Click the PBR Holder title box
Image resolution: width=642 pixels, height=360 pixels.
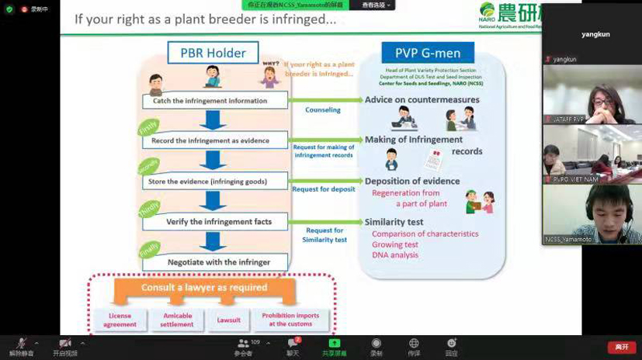[x=213, y=53]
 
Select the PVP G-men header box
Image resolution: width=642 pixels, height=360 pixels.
[x=427, y=53]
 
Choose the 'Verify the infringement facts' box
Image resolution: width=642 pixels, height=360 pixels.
[x=218, y=222]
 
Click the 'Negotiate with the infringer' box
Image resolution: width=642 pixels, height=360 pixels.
[x=215, y=262]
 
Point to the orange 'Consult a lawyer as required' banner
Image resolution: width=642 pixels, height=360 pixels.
[x=204, y=288]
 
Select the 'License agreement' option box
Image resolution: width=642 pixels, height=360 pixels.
[x=120, y=320]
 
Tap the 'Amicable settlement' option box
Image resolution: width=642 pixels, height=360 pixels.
[x=177, y=320]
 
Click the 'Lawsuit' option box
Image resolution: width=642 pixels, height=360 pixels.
[x=228, y=320]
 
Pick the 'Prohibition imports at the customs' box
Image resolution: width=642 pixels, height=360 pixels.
[x=290, y=320]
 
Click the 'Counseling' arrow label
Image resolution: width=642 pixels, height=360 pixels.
[x=323, y=110]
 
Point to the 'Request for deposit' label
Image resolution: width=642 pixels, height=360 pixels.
[x=324, y=189]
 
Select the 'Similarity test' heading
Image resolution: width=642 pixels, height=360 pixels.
[x=394, y=222]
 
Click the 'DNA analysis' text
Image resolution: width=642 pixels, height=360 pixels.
[x=395, y=254]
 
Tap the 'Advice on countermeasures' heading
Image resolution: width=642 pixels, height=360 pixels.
[x=422, y=100]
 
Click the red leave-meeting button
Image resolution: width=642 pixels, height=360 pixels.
[x=621, y=347]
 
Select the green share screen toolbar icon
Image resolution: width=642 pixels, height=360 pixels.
[x=335, y=344]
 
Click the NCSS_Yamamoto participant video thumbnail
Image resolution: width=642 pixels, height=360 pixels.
[x=592, y=214]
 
